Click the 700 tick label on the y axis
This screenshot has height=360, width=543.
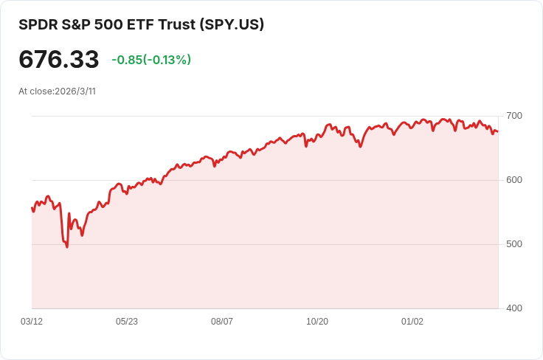[x=514, y=116]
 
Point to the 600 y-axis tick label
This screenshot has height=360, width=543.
[x=514, y=180]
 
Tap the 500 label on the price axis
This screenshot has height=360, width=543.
[x=514, y=244]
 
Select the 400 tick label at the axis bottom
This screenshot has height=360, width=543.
[x=514, y=308]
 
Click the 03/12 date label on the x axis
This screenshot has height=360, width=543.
[x=32, y=322]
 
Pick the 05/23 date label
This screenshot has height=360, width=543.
[x=127, y=322]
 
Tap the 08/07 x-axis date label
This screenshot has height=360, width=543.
[x=222, y=322]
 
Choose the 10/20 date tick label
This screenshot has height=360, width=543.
[x=317, y=322]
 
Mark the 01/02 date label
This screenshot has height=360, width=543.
[x=412, y=322]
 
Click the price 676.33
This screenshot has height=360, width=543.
[x=59, y=60]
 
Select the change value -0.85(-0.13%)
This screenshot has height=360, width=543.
[x=151, y=60]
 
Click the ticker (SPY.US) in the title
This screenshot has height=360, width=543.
[x=232, y=24]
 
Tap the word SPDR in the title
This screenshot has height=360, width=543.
[x=36, y=24]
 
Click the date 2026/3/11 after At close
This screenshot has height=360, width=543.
[x=75, y=91]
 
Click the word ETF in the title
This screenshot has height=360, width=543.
[x=139, y=24]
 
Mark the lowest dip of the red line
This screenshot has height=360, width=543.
[x=67, y=246]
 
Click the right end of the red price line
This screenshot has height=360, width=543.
[x=498, y=132]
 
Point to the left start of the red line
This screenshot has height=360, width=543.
[x=32, y=208]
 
